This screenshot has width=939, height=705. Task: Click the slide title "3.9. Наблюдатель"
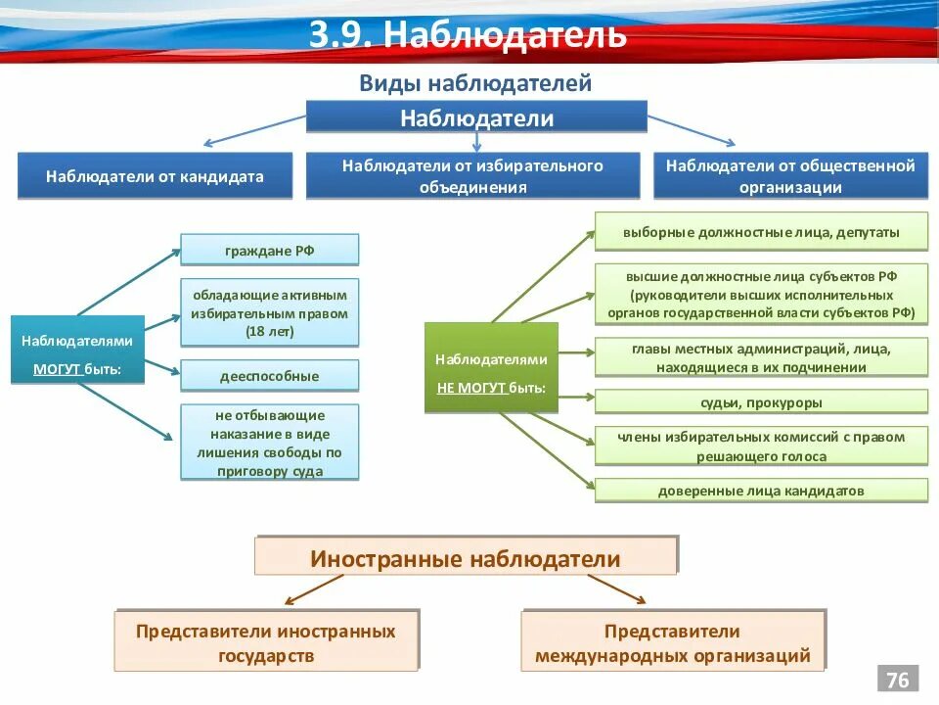click(x=468, y=35)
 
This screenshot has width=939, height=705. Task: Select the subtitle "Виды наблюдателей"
click(x=475, y=83)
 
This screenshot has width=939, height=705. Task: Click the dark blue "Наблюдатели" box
click(x=476, y=117)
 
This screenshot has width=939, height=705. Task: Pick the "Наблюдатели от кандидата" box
click(x=155, y=176)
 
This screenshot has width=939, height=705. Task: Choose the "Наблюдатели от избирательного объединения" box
click(x=472, y=176)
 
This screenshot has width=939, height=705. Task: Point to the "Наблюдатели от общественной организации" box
click(x=790, y=176)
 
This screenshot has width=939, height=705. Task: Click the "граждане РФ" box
click(x=269, y=250)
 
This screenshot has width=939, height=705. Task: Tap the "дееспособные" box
click(x=269, y=375)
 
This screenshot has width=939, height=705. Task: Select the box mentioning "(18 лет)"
click(x=269, y=311)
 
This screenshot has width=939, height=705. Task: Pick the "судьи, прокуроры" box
click(x=761, y=401)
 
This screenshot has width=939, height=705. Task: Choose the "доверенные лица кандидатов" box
click(x=761, y=491)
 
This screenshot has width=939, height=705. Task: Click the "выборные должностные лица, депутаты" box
click(x=761, y=233)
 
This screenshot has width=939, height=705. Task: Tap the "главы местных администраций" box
click(x=761, y=357)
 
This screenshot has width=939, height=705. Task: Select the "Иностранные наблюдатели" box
click(x=466, y=558)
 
